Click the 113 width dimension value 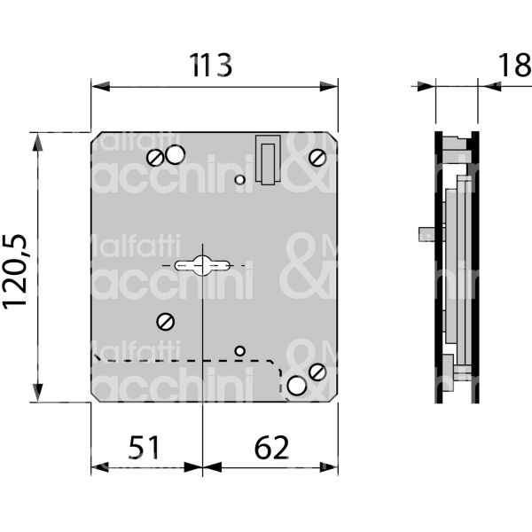212,66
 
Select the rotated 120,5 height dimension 17,267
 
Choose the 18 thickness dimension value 512,66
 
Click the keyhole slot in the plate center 203,264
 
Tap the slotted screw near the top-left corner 156,159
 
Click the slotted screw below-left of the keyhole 163,321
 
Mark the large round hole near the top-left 175,154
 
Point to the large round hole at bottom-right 296,385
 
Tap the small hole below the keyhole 239,351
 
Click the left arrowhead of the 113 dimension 97,86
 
